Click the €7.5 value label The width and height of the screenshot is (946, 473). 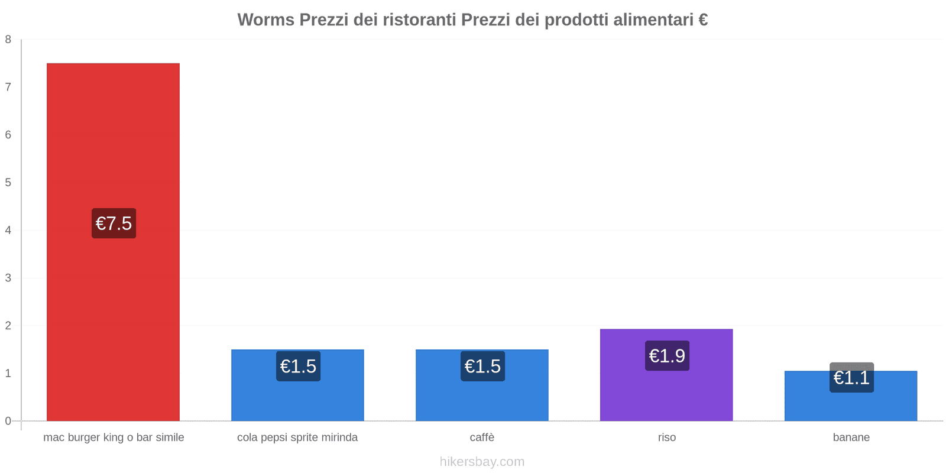click(114, 223)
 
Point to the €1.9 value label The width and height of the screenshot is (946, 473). click(667, 356)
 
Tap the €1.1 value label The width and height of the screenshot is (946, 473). click(851, 378)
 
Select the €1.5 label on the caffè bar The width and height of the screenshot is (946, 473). click(482, 367)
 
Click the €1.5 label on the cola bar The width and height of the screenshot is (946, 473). click(298, 367)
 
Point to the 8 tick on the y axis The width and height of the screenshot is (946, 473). click(8, 40)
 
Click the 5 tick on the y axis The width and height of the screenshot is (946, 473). click(8, 183)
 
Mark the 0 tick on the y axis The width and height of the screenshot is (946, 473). click(8, 421)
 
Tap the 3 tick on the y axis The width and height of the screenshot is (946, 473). click(8, 278)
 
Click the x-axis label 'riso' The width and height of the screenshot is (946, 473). click(666, 438)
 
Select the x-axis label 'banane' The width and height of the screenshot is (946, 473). click(851, 438)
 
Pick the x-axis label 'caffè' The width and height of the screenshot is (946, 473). click(482, 438)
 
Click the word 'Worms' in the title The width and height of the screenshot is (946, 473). click(265, 20)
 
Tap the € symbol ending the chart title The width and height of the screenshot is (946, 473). click(702, 20)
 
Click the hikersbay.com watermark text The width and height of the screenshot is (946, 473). click(482, 462)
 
